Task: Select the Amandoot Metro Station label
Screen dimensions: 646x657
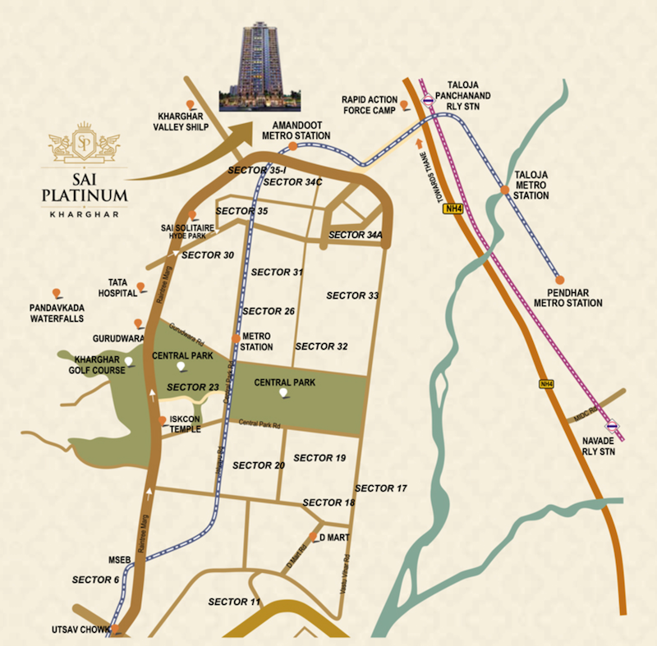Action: [296, 130]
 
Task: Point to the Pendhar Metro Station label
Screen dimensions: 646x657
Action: [567, 297]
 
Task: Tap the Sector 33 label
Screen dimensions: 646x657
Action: [352, 296]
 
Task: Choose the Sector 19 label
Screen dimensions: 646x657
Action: [319, 458]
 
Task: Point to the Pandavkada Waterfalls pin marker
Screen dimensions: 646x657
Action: [56, 293]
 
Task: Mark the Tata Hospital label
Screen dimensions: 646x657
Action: [117, 286]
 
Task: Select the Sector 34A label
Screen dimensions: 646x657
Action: [356, 236]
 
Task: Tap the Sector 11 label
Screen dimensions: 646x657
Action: [234, 602]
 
